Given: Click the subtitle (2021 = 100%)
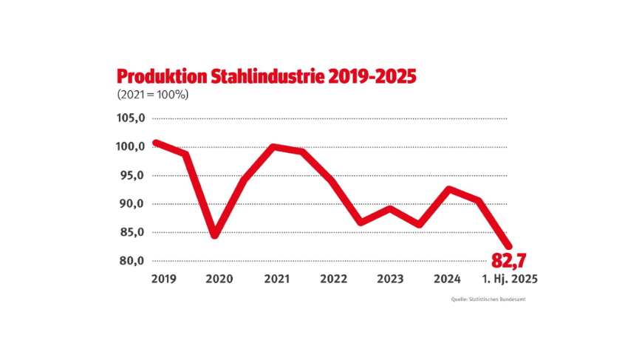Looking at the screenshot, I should [x=152, y=95].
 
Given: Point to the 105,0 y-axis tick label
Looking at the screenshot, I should [x=131, y=118].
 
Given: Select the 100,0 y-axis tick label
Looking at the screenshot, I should [x=131, y=147].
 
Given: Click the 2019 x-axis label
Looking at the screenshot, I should [x=163, y=279].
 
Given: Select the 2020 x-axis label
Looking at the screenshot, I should [x=219, y=279].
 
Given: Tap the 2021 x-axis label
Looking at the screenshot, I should [x=276, y=279].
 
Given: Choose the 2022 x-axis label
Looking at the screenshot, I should [x=334, y=279].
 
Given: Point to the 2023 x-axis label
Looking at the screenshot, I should [x=390, y=279].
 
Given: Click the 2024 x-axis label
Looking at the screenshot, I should [x=448, y=279].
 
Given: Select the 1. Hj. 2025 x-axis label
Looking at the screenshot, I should [x=510, y=279].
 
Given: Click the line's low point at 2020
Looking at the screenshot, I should [x=214, y=235].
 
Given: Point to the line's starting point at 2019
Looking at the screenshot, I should [x=156, y=143].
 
